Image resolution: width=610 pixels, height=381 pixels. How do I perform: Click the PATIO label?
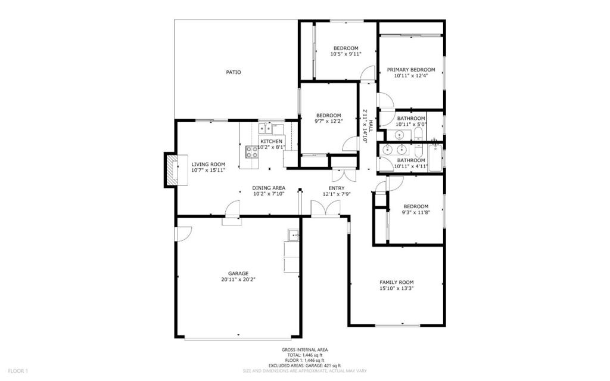point(234,72)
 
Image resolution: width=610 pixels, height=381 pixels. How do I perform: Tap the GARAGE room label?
point(238,274)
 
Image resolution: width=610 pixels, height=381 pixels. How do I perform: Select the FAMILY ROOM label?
point(396,283)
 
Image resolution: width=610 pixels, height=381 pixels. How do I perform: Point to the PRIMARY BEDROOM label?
point(411,70)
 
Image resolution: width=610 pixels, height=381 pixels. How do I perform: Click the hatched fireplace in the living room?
point(171,169)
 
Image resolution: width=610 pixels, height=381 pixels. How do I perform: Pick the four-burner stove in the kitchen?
point(252,152)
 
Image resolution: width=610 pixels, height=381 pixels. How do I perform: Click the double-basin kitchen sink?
point(266,128)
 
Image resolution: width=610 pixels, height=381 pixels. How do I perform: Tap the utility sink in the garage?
point(293,235)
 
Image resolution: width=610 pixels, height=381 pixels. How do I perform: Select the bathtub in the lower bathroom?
point(435,157)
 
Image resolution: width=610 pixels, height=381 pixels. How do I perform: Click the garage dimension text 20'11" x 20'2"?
point(238,279)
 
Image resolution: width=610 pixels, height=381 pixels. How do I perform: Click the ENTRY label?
point(337,188)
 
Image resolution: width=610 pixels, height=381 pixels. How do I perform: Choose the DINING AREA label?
point(269,188)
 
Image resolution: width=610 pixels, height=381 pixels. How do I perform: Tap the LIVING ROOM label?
point(208,165)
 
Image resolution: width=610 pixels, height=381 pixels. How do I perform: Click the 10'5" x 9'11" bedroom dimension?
point(346,54)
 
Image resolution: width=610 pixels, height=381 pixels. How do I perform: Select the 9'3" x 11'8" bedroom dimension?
point(416,212)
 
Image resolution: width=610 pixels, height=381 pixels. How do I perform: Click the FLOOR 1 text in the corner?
point(18,371)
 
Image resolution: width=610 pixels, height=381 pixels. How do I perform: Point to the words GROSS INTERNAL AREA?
point(304,350)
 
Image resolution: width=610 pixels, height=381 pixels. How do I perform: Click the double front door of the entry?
point(326,209)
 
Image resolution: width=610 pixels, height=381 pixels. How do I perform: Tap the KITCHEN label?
point(271,141)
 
